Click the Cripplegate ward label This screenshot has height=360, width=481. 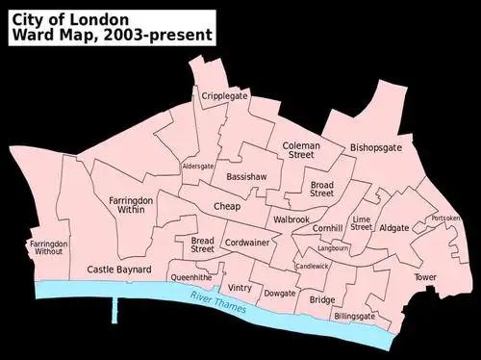click(224, 95)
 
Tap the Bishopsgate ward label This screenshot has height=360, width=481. click(376, 147)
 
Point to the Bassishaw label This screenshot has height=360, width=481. click(245, 178)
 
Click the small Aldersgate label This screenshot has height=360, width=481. click(198, 167)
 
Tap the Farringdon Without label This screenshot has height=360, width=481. click(48, 249)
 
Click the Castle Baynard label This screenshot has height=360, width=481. click(116, 270)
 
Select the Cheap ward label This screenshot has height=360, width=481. click(227, 206)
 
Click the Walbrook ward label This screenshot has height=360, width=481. click(291, 219)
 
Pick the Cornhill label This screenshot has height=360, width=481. click(328, 228)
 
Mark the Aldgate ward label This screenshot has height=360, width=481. click(394, 228)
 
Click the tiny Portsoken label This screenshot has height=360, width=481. click(446, 219)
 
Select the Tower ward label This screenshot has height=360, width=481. click(425, 277)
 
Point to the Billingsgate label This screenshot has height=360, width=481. click(355, 316)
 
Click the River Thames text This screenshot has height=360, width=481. click(218, 300)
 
